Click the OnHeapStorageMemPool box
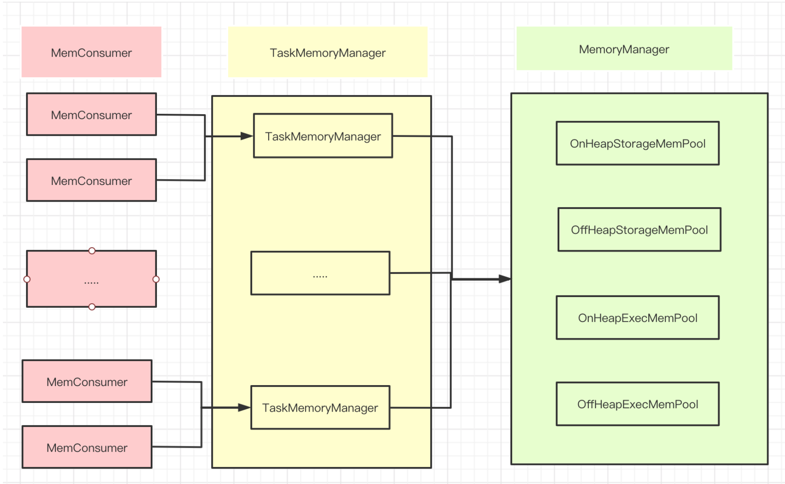[637, 143]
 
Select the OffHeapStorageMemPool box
[639, 230]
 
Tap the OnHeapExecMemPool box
[637, 318]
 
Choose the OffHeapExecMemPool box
[637, 404]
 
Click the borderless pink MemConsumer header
[91, 52]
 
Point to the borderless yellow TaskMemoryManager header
[327, 52]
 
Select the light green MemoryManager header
[624, 49]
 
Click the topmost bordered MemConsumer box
[91, 114]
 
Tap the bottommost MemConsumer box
[87, 447]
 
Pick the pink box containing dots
[91, 279]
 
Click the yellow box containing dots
[320, 273]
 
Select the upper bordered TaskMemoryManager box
[323, 136]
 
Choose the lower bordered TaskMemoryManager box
[320, 407]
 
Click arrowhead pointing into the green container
[505, 279]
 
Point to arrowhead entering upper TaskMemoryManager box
[247, 136]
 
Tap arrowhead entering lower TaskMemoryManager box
[244, 407]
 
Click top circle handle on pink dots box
[92, 251]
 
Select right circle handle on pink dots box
[156, 279]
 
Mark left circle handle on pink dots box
[27, 279]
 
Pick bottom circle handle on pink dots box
[92, 307]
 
